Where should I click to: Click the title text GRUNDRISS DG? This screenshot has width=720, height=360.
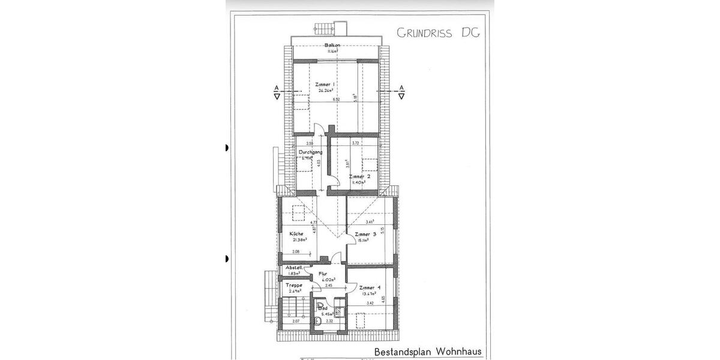[x=439, y=32]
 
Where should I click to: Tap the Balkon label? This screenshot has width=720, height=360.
[x=332, y=46]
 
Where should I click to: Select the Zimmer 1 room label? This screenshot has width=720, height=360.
[x=325, y=85]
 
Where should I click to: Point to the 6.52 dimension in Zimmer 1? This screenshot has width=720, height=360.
[x=337, y=99]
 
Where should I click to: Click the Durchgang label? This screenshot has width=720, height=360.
[x=311, y=152]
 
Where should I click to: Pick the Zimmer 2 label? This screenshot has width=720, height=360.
[x=359, y=177]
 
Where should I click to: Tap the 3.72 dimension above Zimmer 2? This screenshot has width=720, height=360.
[x=355, y=143]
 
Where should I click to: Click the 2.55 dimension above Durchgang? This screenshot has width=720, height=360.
[x=310, y=143]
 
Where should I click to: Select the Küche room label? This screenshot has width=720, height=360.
[x=296, y=233]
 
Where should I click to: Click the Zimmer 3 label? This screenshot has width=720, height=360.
[x=365, y=234]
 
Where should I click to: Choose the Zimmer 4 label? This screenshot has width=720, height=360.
[x=370, y=287]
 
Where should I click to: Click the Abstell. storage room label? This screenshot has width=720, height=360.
[x=293, y=268]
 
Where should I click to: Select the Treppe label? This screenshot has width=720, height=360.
[x=293, y=285]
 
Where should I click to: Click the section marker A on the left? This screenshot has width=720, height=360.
[x=277, y=88]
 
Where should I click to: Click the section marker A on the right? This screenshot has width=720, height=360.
[x=401, y=88]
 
